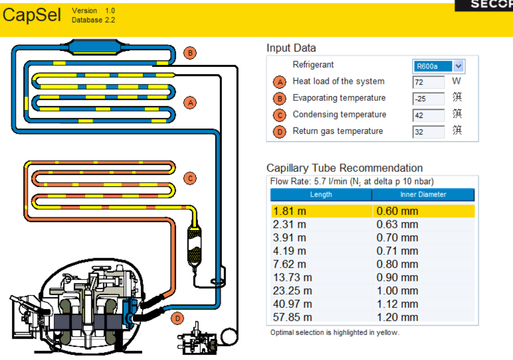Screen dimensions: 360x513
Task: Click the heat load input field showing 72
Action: click(x=428, y=82)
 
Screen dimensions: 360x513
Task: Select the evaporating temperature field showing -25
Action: click(x=428, y=99)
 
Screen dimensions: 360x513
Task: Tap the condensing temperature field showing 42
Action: click(x=428, y=115)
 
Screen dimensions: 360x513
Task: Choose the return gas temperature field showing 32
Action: click(x=428, y=132)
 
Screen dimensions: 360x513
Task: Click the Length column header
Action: click(x=321, y=195)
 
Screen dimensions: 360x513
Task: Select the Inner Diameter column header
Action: click(x=423, y=195)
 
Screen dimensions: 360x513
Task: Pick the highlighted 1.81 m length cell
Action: click(x=321, y=211)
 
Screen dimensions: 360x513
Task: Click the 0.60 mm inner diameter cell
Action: click(x=423, y=211)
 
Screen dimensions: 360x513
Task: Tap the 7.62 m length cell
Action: click(x=321, y=264)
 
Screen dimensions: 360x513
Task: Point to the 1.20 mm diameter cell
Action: click(x=423, y=318)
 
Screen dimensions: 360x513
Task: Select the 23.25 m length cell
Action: click(x=321, y=291)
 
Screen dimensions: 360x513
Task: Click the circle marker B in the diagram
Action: click(x=190, y=53)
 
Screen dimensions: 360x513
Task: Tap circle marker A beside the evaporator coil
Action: click(x=190, y=102)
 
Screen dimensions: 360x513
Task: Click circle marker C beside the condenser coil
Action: click(x=190, y=178)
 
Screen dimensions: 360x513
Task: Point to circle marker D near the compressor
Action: click(x=178, y=319)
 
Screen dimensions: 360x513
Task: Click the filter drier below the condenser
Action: click(x=195, y=245)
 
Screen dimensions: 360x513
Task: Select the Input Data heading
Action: click(x=291, y=48)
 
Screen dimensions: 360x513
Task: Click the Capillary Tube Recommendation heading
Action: click(x=345, y=168)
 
